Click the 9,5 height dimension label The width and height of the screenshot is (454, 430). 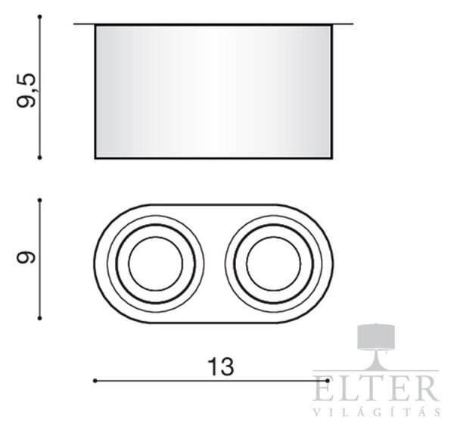click(26, 91)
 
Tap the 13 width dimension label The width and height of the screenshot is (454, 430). click(221, 366)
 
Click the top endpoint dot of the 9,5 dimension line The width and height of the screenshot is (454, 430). click(40, 17)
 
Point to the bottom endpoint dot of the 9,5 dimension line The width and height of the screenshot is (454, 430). click(40, 157)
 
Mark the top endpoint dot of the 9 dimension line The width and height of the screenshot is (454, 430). click(40, 200)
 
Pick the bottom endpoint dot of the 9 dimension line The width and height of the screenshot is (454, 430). click(40, 319)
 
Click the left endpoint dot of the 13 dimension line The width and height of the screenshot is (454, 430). click(95, 381)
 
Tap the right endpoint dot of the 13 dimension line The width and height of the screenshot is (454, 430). click(328, 381)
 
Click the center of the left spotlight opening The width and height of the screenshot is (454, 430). click(156, 263)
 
